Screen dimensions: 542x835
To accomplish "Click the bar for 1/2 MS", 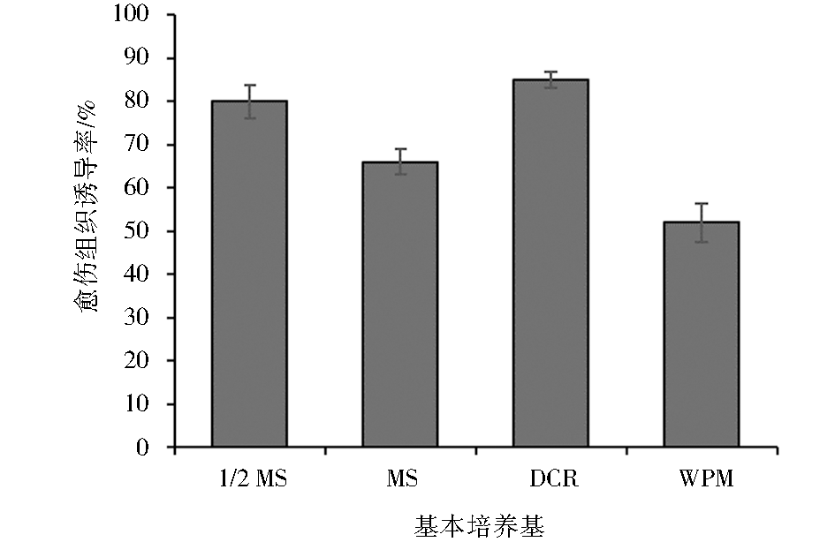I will coord(249,274).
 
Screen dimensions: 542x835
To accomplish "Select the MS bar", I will coord(400,305).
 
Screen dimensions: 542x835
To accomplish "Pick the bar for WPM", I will coord(702,335).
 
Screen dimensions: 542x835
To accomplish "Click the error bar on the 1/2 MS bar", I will coord(249,102).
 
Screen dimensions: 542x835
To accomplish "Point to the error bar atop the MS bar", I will coord(400,162).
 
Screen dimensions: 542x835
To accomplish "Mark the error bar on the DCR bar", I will coord(550,79).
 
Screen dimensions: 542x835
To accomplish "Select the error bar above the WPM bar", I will coord(702,222).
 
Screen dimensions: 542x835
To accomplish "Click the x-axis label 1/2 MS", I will coord(249,479).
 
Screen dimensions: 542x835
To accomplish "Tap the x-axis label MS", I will coord(400,479).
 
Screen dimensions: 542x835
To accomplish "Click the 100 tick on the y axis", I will coord(135,15).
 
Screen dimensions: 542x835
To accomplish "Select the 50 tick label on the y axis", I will coord(140,231).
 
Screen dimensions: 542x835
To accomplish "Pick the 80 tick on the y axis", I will coord(140,102).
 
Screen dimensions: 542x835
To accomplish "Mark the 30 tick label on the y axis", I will coord(140,318).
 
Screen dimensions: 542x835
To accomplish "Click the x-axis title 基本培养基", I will coord(479,526).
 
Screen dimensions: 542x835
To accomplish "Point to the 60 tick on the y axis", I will coord(140,188).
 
